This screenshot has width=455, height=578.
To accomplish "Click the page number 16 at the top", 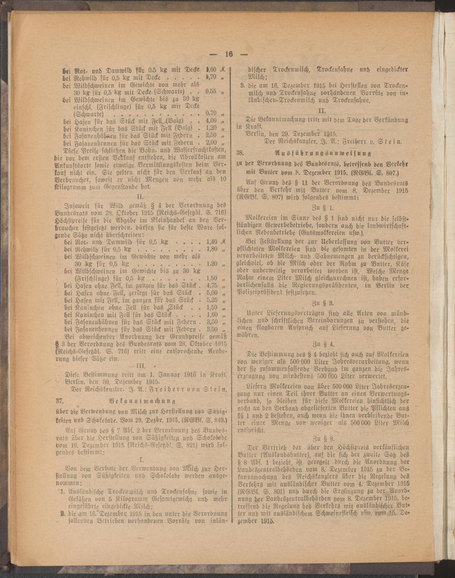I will tap(228, 54).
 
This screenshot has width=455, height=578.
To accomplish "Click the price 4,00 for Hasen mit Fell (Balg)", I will tap(211, 121).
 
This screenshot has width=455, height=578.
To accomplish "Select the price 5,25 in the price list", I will tap(212, 300).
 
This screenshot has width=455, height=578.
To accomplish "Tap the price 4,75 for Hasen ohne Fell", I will tap(212, 286).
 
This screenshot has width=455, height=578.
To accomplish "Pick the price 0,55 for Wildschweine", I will tap(211, 91).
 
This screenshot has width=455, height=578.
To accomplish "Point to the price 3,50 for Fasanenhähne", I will tap(212, 322).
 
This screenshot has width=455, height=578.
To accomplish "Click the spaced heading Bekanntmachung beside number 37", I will tap(142, 401).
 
